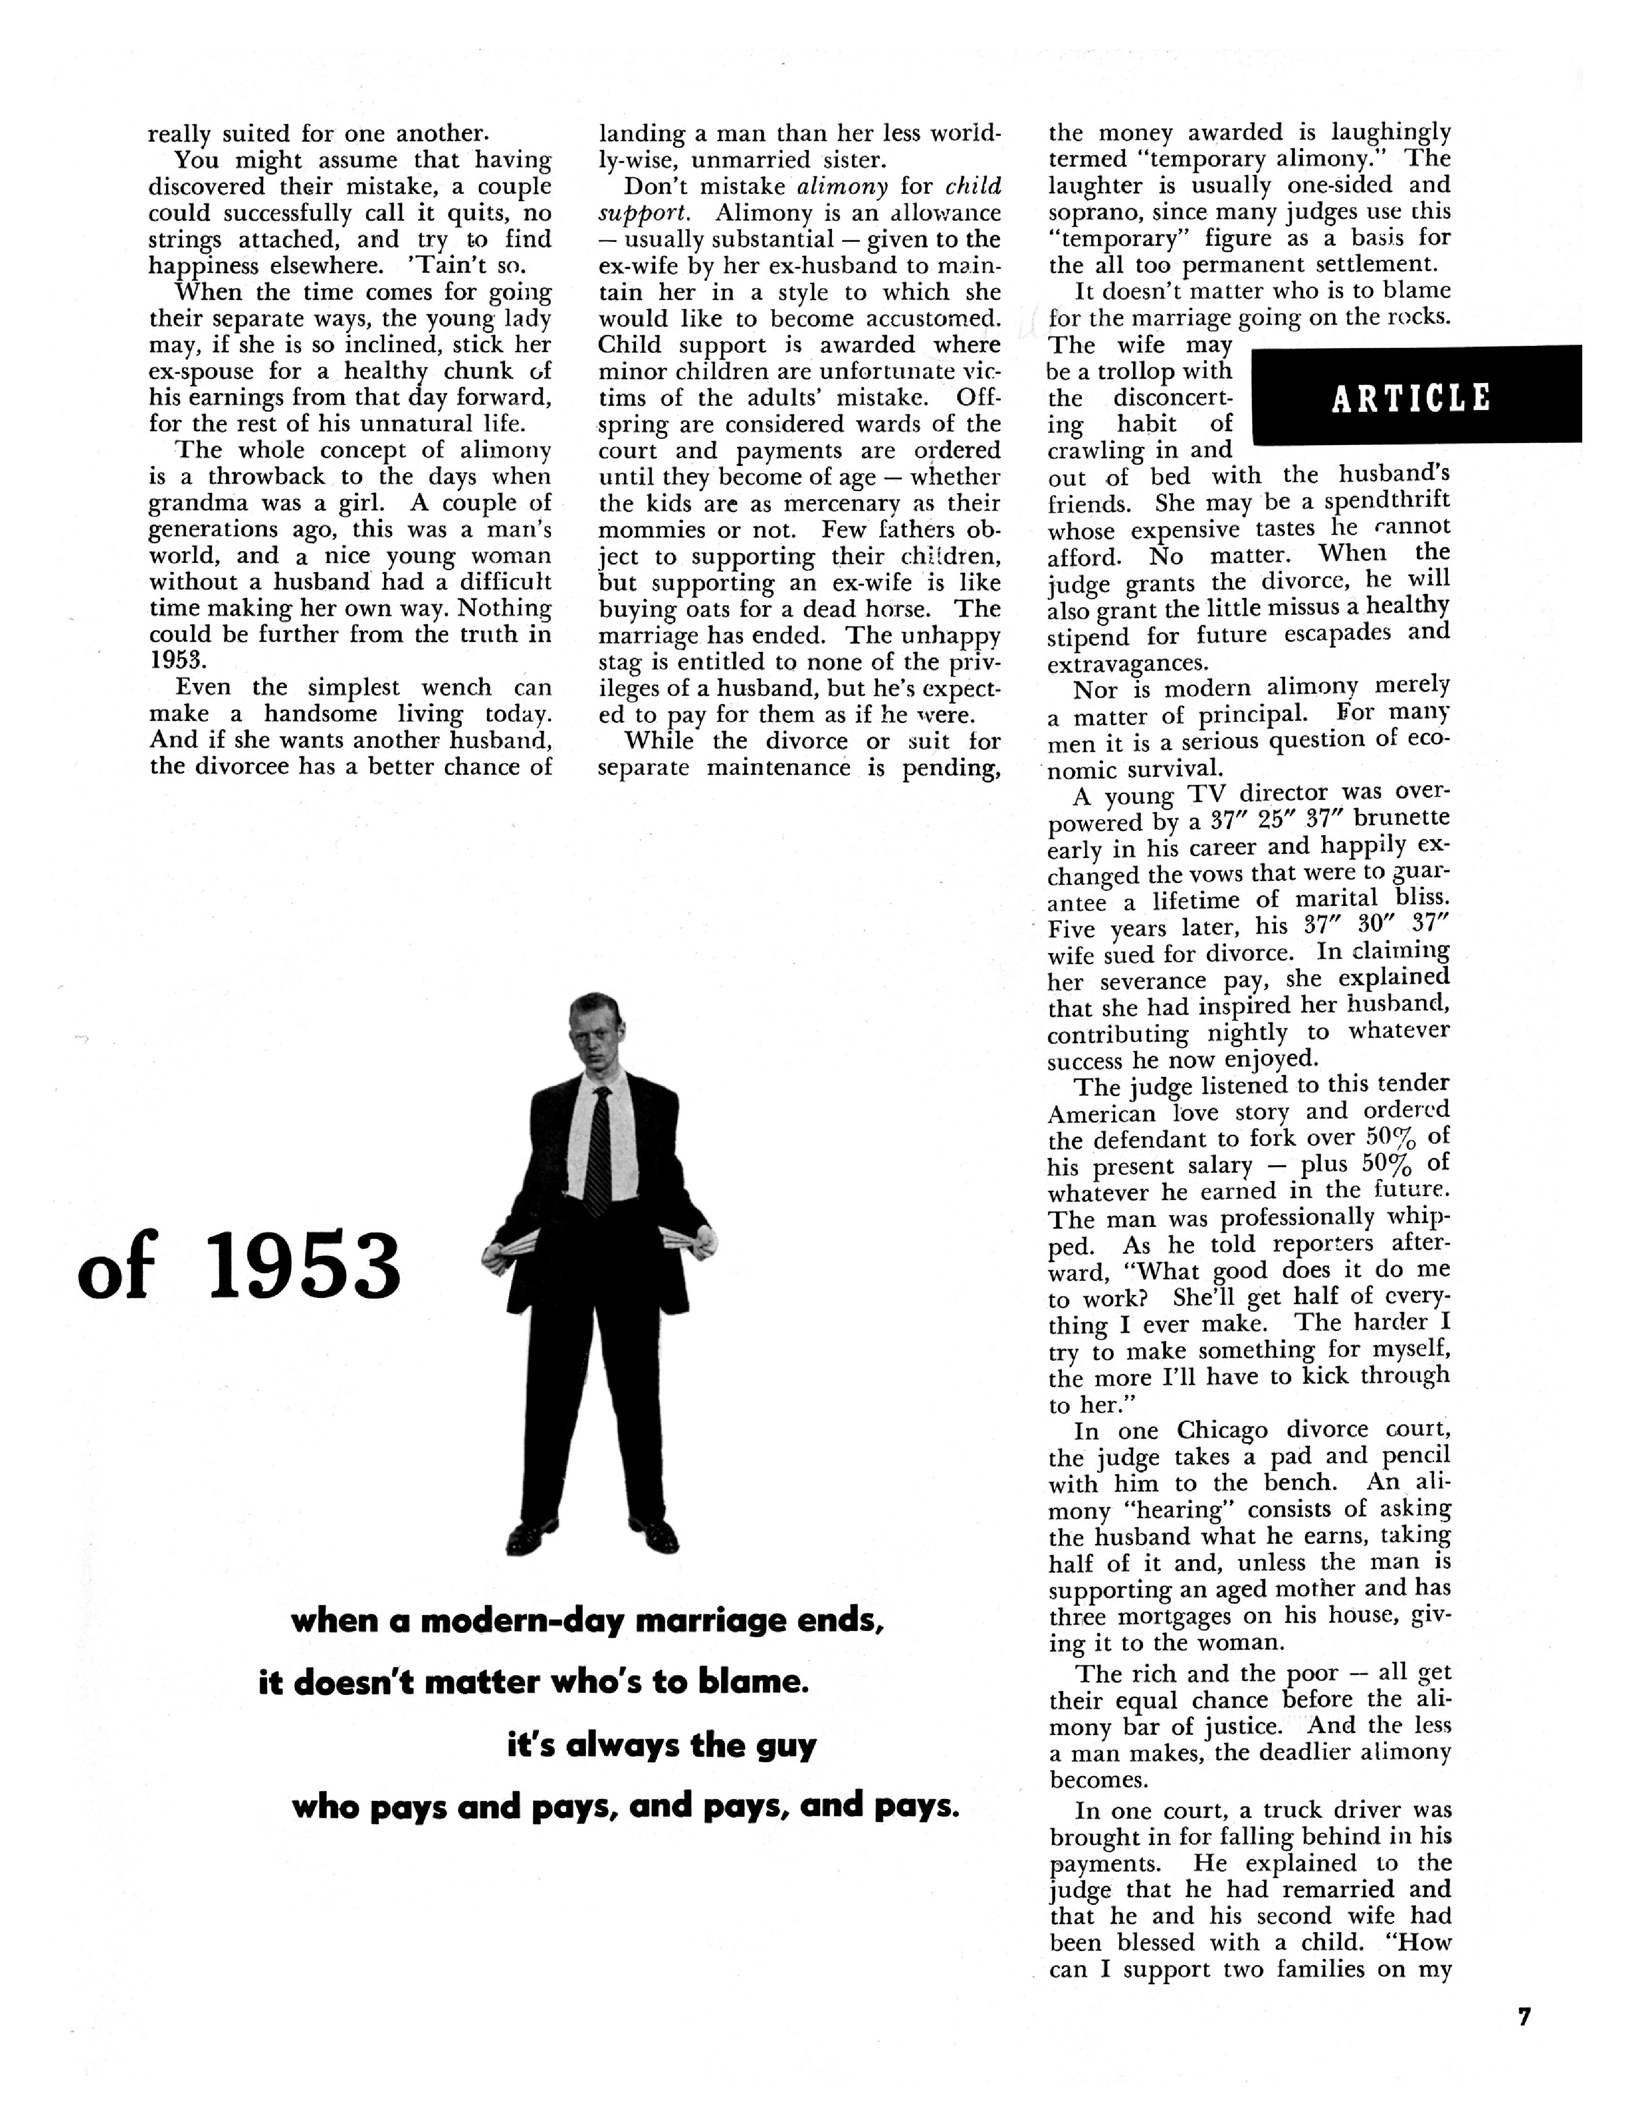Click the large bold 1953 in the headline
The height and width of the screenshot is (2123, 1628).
303,1266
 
